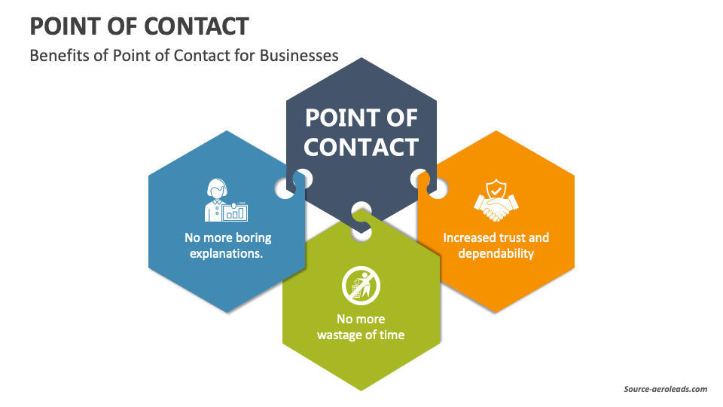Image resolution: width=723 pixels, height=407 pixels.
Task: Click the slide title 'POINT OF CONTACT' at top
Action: coord(139,26)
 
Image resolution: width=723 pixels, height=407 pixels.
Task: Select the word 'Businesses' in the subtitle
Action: coord(299,56)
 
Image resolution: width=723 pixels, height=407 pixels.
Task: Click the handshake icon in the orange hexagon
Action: coord(496,207)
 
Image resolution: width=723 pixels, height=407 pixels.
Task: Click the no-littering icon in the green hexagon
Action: coord(361,286)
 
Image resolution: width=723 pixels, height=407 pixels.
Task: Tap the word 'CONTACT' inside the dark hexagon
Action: coord(361,146)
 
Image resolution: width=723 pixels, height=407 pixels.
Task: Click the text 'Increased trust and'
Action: coord(496,237)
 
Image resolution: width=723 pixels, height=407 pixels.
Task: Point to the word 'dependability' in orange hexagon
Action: coord(496,253)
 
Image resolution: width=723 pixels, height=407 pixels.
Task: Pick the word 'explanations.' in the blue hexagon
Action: coord(227,253)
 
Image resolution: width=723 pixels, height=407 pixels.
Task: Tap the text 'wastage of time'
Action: coord(361,335)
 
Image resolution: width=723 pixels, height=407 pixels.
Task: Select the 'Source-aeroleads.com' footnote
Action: coord(665,389)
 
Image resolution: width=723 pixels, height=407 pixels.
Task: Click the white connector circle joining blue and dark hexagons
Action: coord(285,187)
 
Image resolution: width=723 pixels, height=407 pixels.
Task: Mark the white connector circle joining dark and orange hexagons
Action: coord(419,179)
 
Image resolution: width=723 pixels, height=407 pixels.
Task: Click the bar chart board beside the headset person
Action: coord(236,211)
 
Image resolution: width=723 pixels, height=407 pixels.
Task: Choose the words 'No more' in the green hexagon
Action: coord(361,319)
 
